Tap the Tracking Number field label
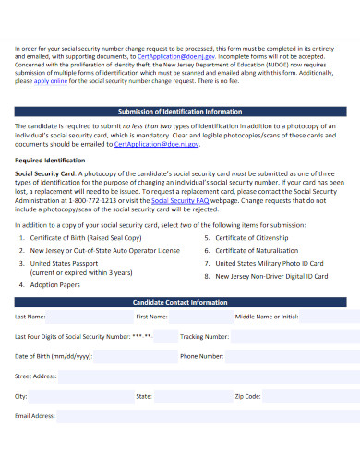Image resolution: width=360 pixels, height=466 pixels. [x=204, y=336]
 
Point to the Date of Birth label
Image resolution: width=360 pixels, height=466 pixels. [x=53, y=356]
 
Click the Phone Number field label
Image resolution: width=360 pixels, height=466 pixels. [x=201, y=356]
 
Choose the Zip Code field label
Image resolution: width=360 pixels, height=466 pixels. [x=246, y=396]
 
